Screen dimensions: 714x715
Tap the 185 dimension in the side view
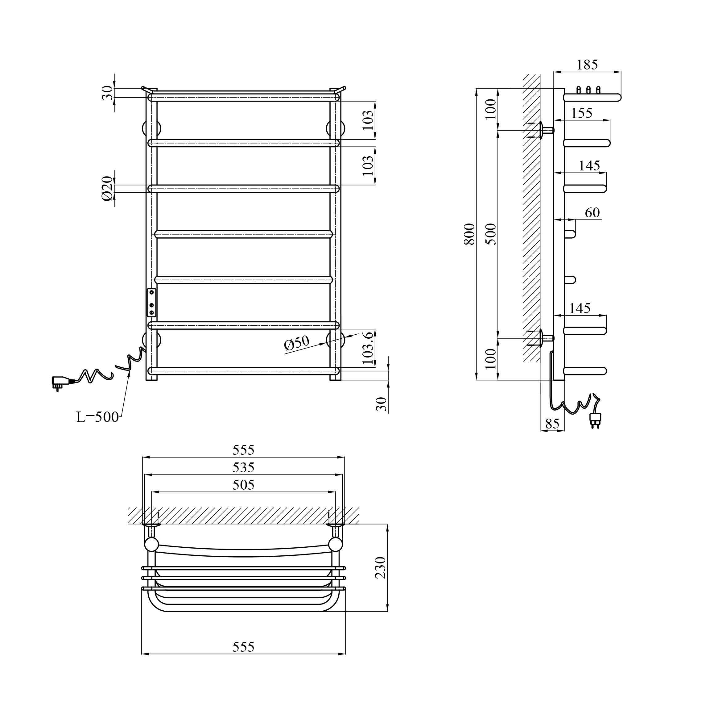pyautogui.click(x=587, y=65)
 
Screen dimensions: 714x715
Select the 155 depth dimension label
pyautogui.click(x=582, y=113)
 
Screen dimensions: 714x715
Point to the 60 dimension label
pyautogui.click(x=592, y=212)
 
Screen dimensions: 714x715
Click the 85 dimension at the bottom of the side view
pyautogui.click(x=552, y=424)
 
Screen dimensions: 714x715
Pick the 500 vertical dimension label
pyautogui.click(x=491, y=234)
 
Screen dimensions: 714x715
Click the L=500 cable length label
pyautogui.click(x=97, y=417)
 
